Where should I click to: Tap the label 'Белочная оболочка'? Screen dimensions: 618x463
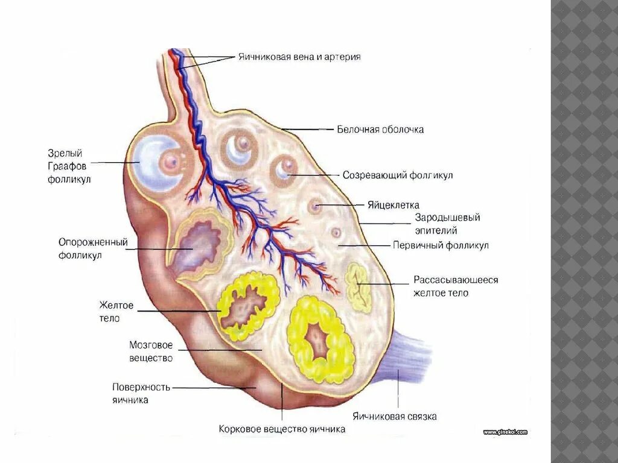point(380,130)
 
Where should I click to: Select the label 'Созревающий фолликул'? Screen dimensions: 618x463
point(398,175)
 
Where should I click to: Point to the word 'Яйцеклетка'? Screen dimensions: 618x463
point(393,205)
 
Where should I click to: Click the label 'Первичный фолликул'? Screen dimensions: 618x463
point(441,245)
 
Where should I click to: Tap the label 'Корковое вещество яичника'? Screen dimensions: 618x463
point(282,429)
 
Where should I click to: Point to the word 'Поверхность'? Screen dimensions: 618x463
point(141,386)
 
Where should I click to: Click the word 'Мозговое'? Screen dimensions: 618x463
point(151,345)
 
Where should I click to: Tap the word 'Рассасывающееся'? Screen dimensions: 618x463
point(456,280)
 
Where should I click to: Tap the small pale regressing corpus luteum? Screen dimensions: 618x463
point(359,287)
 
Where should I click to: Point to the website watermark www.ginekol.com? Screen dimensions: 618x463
point(505,432)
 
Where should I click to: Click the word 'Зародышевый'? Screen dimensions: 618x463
point(447,218)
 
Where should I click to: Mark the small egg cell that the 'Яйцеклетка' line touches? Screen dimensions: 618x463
point(314,206)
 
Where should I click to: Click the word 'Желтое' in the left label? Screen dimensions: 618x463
point(117,306)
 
